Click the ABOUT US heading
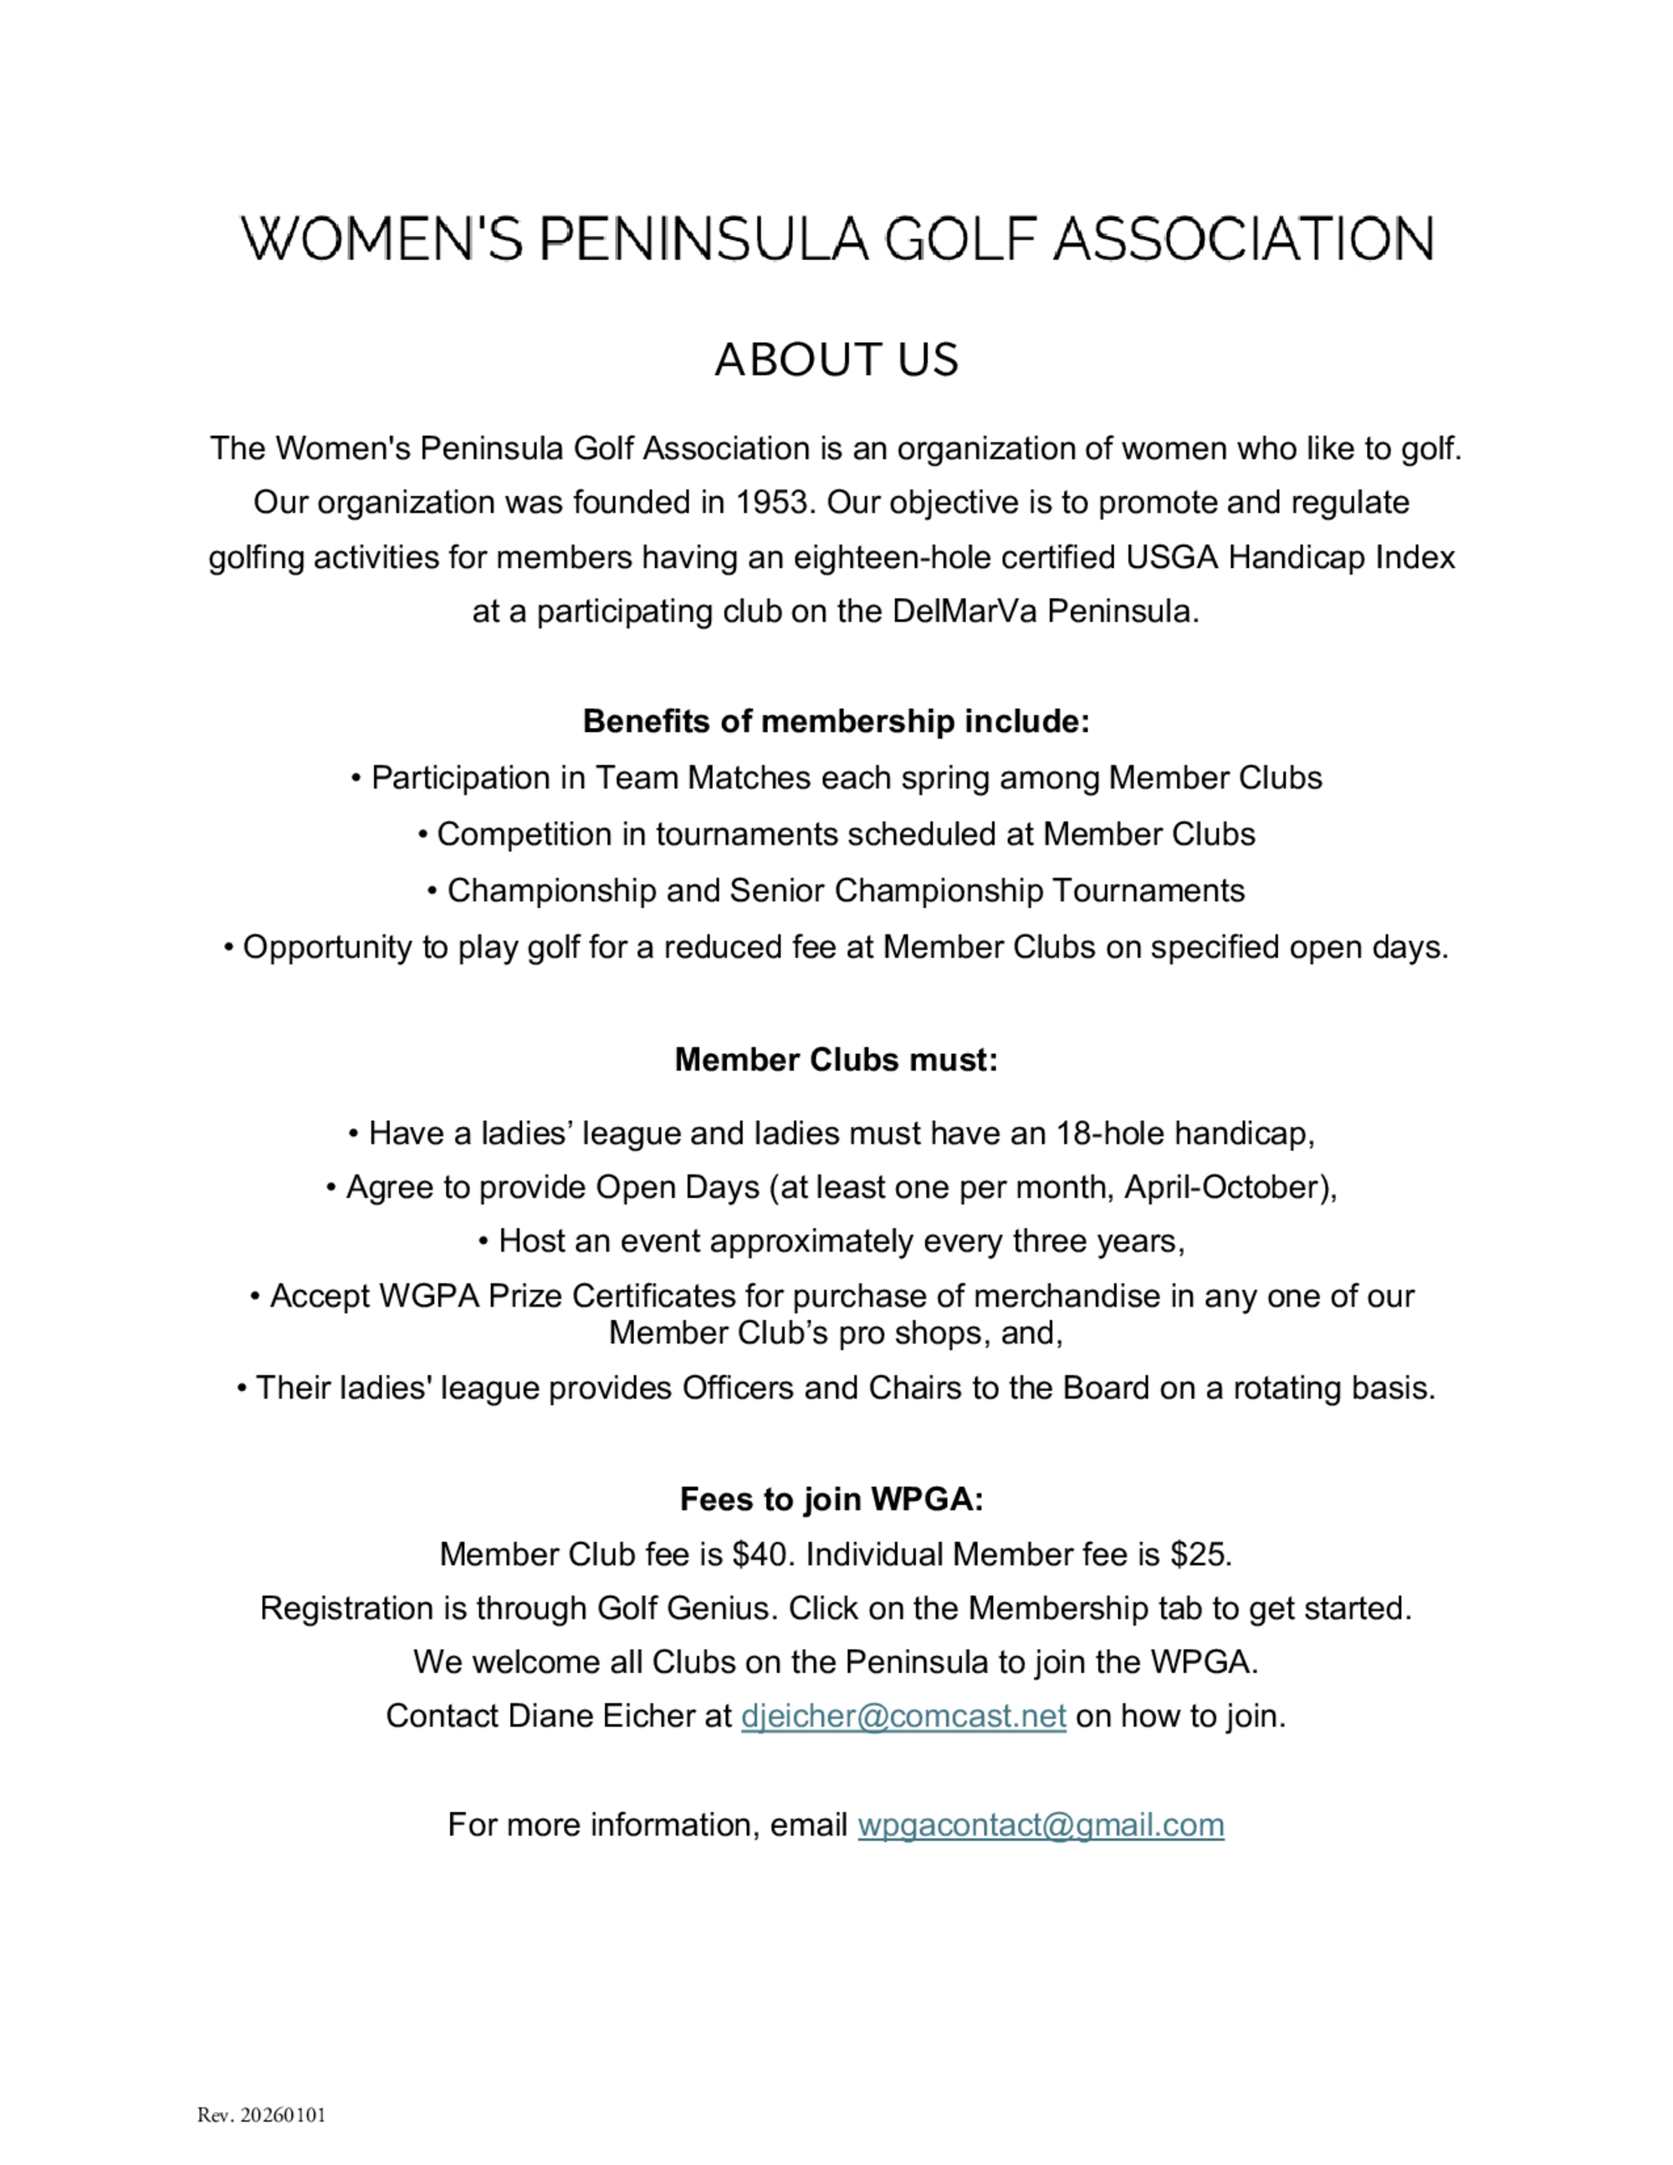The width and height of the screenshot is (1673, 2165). click(x=836, y=359)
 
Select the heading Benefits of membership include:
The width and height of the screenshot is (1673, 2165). click(x=836, y=720)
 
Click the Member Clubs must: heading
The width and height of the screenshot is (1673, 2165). click(x=836, y=1060)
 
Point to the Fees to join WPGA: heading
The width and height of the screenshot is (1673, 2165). click(x=831, y=1499)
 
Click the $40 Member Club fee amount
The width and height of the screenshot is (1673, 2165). click(x=762, y=1553)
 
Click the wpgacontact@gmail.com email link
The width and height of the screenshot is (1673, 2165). click(x=1041, y=1825)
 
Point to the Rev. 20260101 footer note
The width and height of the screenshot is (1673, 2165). click(x=262, y=2116)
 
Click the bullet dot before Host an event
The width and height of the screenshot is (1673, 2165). click(x=483, y=1242)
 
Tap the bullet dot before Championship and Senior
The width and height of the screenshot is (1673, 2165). click(x=433, y=891)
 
